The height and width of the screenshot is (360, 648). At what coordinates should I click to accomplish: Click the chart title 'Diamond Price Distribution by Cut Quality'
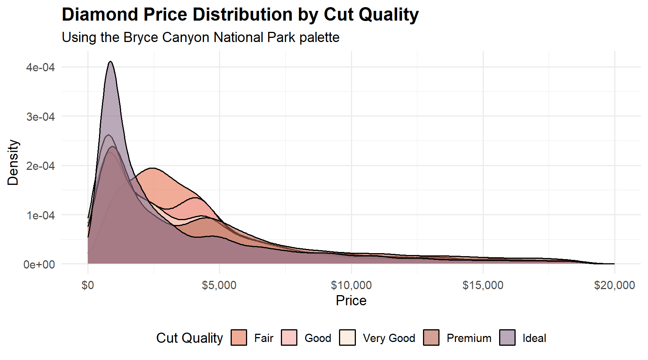pyautogui.click(x=240, y=15)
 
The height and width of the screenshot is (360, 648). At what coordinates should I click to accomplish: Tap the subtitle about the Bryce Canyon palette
pyautogui.click(x=201, y=37)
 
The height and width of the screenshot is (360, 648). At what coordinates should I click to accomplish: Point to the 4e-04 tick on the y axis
pyautogui.click(x=40, y=67)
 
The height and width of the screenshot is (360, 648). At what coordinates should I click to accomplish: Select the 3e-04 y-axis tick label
pyautogui.click(x=40, y=117)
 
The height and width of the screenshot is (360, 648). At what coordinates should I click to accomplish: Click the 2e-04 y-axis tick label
pyautogui.click(x=40, y=166)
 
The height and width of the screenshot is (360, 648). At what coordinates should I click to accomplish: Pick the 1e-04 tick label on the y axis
pyautogui.click(x=40, y=215)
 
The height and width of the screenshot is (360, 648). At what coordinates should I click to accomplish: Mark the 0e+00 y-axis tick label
pyautogui.click(x=39, y=264)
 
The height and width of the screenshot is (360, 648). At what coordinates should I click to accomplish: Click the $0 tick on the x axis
pyautogui.click(x=88, y=285)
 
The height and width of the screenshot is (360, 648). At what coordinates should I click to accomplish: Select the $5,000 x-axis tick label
pyautogui.click(x=219, y=285)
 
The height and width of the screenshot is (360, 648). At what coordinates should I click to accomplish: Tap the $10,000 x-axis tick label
pyautogui.click(x=351, y=285)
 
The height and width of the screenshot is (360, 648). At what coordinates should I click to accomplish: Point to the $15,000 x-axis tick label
pyautogui.click(x=483, y=285)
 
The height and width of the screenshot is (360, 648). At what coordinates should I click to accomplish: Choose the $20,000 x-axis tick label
pyautogui.click(x=615, y=285)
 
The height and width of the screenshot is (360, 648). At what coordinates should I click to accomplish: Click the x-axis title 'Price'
pyautogui.click(x=351, y=300)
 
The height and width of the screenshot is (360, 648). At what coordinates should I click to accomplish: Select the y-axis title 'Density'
pyautogui.click(x=13, y=163)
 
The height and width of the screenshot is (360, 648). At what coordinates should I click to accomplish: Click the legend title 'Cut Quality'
pyautogui.click(x=189, y=338)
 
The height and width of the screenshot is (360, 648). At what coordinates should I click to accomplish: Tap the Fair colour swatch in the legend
pyautogui.click(x=239, y=337)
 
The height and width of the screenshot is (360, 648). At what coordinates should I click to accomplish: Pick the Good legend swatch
pyautogui.click(x=289, y=337)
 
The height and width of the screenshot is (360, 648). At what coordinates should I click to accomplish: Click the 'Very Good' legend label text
pyautogui.click(x=389, y=338)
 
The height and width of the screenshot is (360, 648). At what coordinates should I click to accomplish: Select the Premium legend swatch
pyautogui.click(x=431, y=337)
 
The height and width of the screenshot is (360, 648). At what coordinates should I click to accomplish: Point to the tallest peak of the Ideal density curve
pyautogui.click(x=110, y=62)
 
